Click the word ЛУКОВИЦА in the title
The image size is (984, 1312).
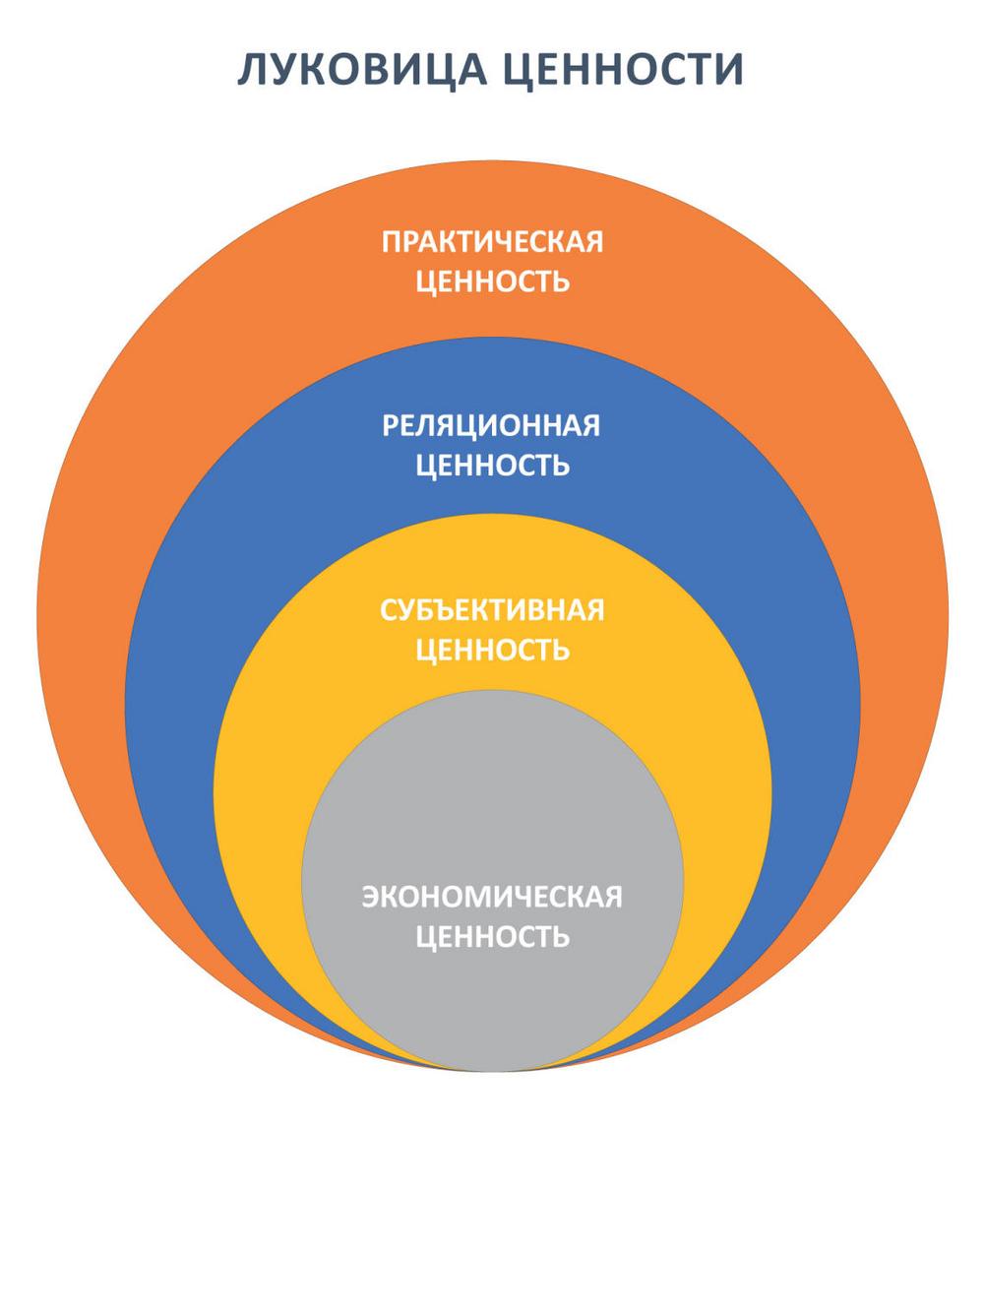[x=362, y=71]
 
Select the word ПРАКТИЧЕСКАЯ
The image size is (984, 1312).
[x=492, y=242]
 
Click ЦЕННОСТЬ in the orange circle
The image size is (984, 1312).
[x=492, y=281]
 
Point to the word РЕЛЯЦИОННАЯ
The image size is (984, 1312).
[x=491, y=426]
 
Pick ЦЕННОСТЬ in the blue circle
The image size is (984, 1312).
[x=492, y=466]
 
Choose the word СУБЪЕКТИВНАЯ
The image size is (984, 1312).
[x=492, y=610]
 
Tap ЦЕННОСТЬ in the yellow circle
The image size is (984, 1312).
[x=492, y=650]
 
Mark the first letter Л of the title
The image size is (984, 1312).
[x=252, y=71]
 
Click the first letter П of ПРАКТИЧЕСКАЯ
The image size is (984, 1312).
[x=392, y=242]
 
